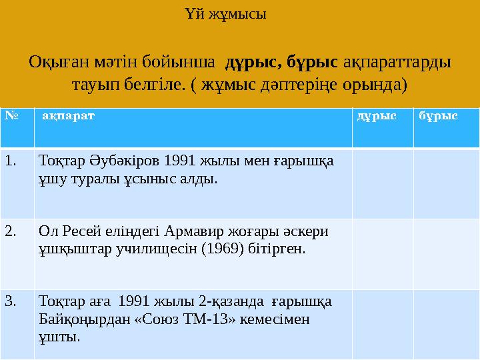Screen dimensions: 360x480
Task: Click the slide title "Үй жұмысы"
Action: (224, 13)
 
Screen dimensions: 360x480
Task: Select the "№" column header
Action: (10, 115)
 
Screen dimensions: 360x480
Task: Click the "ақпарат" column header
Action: (68, 115)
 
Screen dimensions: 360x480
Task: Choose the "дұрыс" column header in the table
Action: (377, 115)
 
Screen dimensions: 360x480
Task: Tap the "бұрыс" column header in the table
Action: (438, 115)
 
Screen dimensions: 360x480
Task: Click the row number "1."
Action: (11, 161)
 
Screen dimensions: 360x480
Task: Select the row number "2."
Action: (11, 231)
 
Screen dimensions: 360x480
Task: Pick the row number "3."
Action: (11, 301)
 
